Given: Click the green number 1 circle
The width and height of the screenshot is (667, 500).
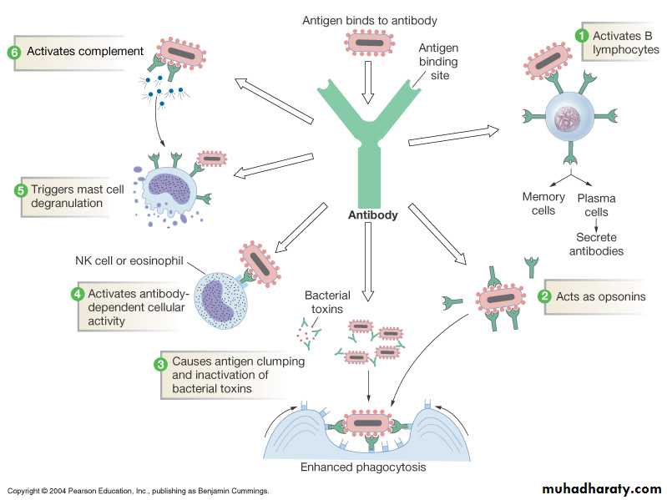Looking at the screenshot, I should point(582,35).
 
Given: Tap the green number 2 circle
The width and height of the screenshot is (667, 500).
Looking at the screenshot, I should point(543,295).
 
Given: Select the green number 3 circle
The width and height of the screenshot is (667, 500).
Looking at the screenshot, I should point(161,363).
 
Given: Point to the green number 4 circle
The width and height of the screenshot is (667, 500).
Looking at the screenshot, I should point(77,294).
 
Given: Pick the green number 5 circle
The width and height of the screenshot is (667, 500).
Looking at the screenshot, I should point(22,189).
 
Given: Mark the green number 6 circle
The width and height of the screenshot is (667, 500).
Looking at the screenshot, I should point(14,51).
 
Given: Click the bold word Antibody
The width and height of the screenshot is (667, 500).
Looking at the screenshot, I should point(372,215).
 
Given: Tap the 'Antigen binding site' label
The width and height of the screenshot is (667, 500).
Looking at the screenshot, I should point(438,61).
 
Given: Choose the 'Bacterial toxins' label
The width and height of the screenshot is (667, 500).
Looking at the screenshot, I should point(327,303).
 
